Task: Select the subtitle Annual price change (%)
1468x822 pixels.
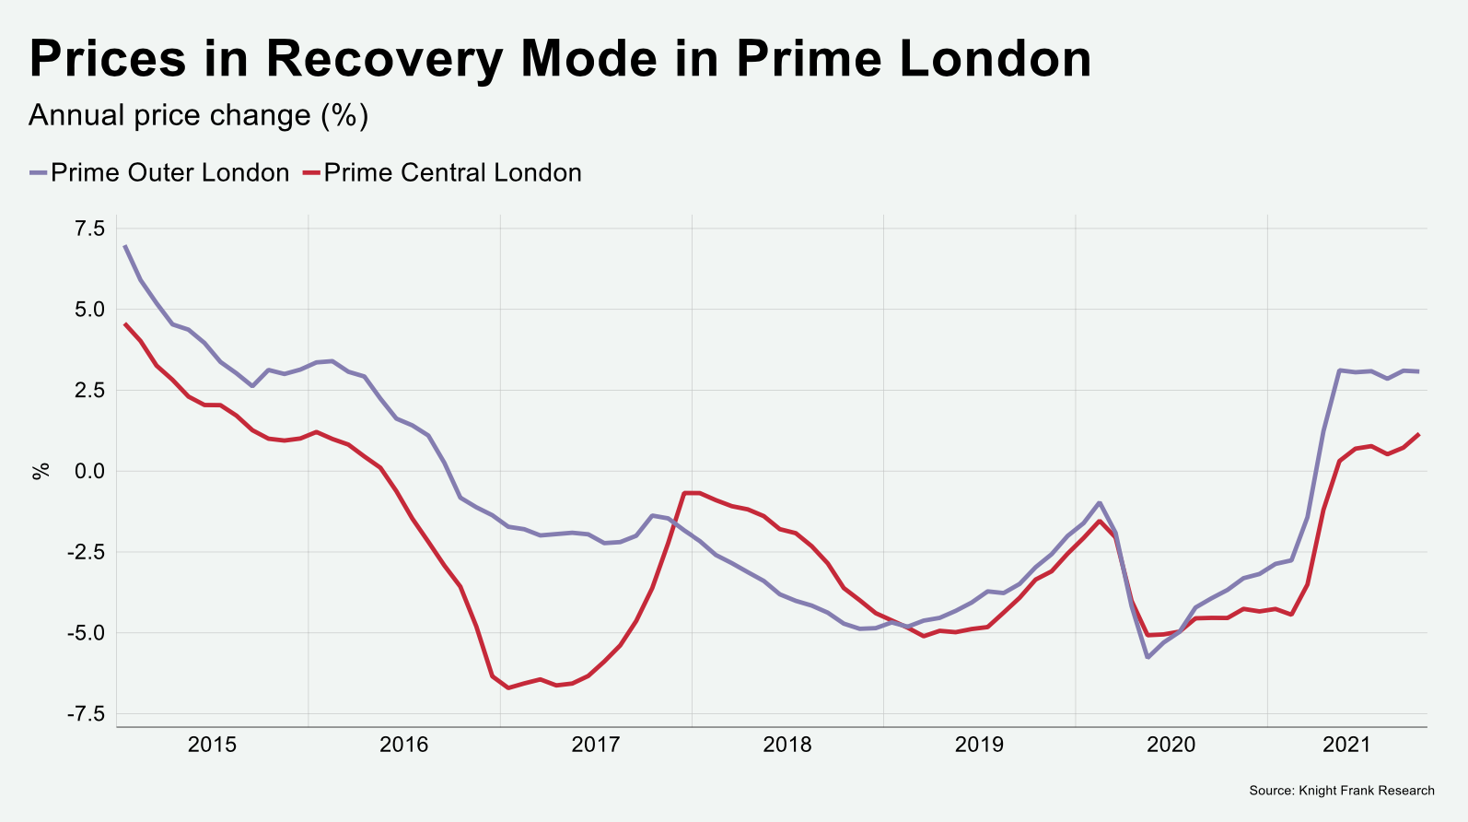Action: pos(198,115)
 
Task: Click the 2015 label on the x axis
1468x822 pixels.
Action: pos(212,745)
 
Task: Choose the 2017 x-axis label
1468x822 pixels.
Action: pos(596,745)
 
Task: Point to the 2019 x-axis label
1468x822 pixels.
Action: pos(979,745)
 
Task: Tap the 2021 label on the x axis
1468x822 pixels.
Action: pos(1346,745)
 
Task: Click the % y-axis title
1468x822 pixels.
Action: pos(41,471)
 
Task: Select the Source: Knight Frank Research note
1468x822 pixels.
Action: pos(1341,791)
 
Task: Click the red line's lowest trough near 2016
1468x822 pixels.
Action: pos(508,687)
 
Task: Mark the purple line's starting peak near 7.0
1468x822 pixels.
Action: pos(125,246)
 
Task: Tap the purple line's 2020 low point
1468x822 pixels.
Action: pos(1148,657)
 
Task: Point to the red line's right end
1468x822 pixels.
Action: pos(1418,434)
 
